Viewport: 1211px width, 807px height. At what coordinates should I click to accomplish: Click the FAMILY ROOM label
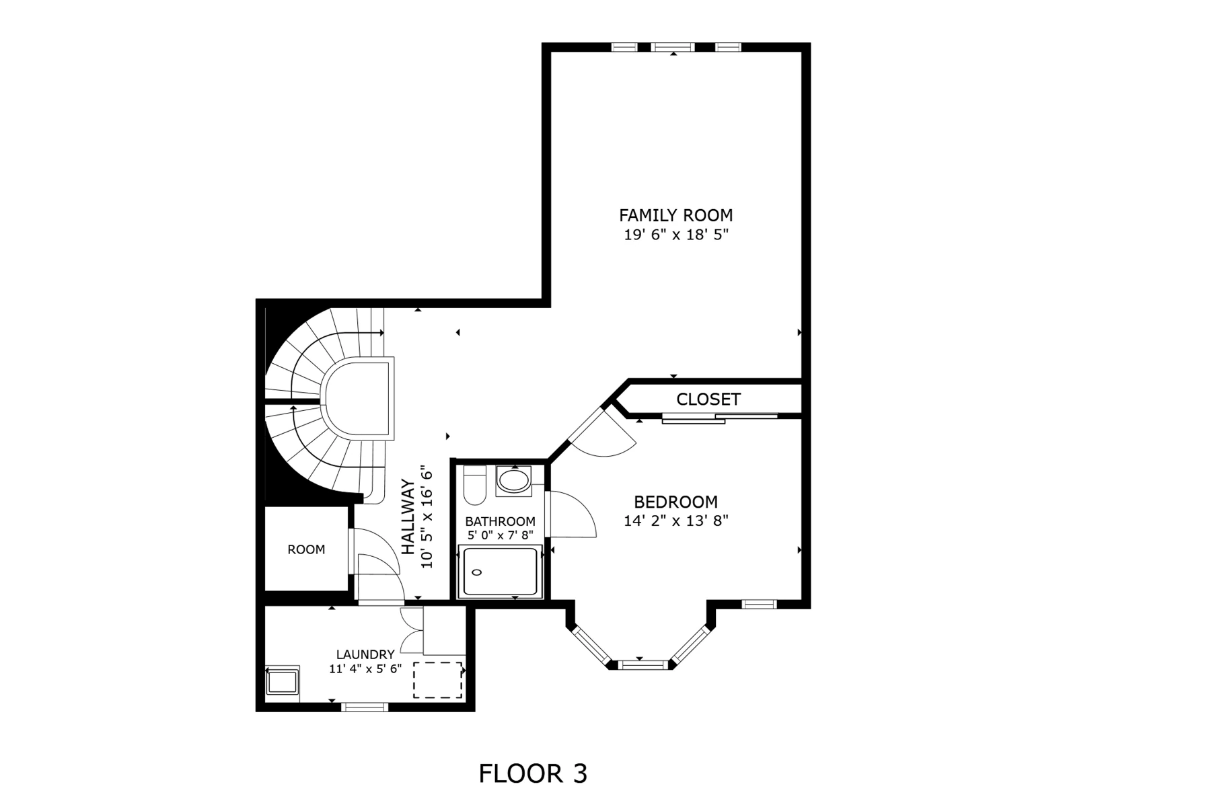pos(675,215)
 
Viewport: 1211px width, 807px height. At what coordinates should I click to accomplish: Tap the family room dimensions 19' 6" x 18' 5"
pos(675,235)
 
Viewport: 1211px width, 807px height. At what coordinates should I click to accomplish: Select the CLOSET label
pos(708,399)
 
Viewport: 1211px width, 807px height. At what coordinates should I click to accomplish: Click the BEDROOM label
pos(675,502)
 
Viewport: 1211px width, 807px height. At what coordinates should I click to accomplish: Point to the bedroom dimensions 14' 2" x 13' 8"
pos(675,521)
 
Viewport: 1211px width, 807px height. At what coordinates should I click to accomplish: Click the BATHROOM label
pos(500,521)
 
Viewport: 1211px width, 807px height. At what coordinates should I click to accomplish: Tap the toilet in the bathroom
pos(475,485)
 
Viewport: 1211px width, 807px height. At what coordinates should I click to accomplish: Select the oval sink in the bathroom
pos(514,481)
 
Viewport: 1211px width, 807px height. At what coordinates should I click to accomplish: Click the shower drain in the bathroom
pos(478,572)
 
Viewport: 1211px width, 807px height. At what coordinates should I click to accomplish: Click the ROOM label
pos(306,549)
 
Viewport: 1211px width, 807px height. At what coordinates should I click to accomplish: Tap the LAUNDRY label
pos(365,654)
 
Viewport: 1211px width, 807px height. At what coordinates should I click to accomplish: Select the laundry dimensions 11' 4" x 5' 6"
pos(365,668)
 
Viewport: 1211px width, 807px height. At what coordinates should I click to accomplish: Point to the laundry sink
pos(283,681)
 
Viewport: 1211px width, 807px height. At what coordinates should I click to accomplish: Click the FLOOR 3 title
pos(533,773)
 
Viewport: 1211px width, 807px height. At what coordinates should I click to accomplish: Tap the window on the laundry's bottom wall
pos(365,707)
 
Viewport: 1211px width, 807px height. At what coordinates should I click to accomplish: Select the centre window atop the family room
pos(673,47)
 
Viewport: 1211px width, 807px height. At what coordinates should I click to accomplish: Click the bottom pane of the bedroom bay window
pos(642,665)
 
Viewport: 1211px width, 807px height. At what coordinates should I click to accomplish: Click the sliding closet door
pos(720,418)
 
